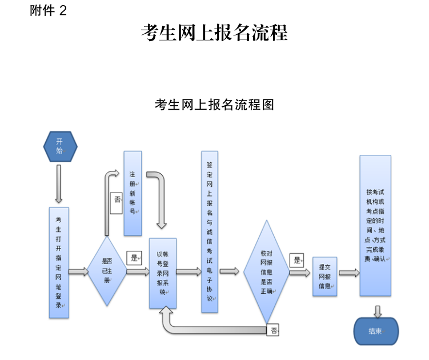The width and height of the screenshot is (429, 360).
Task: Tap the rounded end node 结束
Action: (375, 331)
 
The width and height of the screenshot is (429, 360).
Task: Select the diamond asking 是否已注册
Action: (106, 271)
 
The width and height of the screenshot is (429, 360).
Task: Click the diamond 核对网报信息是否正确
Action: (266, 271)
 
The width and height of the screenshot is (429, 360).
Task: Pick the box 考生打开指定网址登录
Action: (59, 262)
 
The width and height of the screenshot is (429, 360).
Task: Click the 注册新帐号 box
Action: (133, 193)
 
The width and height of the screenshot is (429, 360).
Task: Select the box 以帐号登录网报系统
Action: (163, 271)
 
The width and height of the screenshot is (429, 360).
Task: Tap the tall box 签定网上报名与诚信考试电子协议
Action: (210, 231)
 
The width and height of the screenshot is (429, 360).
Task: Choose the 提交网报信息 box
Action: (324, 276)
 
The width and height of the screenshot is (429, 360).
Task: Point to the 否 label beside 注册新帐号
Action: (116, 200)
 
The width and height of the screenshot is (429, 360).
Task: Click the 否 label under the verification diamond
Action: (274, 330)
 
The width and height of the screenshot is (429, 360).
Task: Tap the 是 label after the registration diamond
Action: (134, 258)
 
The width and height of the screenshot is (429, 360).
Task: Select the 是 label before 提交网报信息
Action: (296, 260)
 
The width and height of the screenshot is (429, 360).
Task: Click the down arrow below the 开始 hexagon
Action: (58, 183)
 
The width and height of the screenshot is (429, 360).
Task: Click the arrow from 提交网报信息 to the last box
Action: (348, 273)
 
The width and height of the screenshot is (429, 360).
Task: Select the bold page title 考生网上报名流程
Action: (214, 33)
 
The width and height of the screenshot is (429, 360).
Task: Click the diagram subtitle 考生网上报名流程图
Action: (214, 105)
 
